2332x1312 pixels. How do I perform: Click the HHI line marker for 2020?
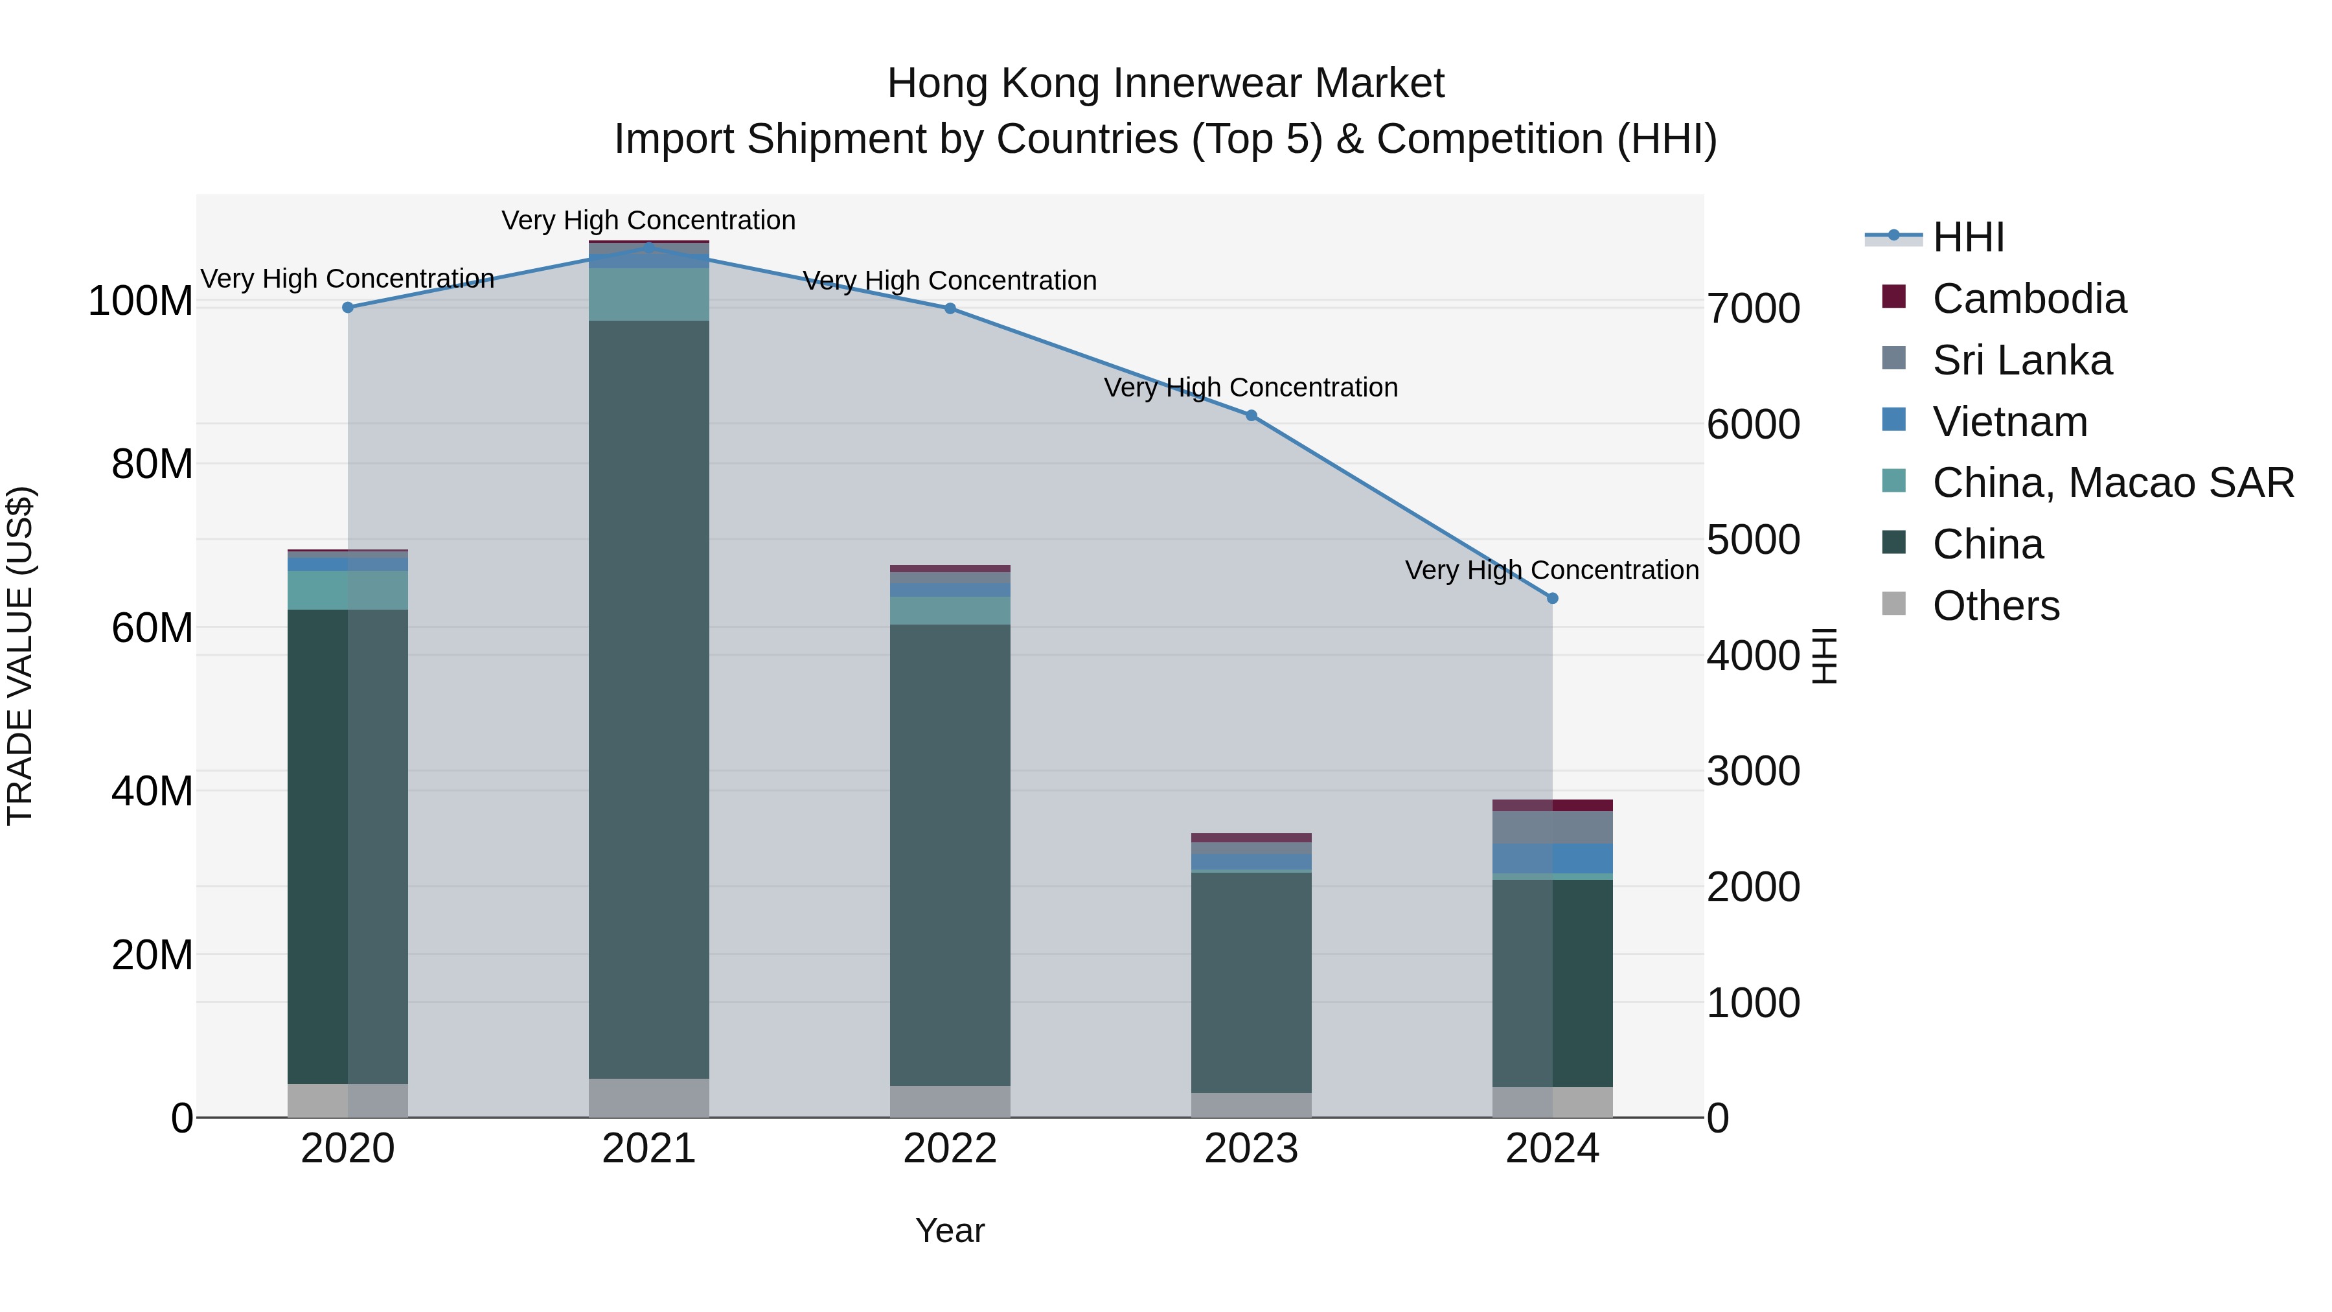click(348, 308)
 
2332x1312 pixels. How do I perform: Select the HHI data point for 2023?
click(1251, 415)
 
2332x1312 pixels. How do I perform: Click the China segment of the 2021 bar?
click(649, 697)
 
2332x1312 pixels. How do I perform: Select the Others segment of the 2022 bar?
click(950, 1101)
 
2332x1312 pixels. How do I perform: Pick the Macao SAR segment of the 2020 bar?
click(348, 590)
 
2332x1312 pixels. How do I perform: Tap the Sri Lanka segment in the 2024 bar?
click(1553, 827)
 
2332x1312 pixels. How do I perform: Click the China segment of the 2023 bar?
click(1251, 982)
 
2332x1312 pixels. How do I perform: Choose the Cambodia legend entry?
click(2029, 299)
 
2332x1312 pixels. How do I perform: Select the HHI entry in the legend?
click(1968, 237)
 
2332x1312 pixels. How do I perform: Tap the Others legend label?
click(1996, 606)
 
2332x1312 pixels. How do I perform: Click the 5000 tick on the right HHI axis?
click(1754, 540)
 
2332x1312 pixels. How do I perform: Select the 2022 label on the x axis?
click(950, 1149)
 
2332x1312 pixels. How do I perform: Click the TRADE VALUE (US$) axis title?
click(20, 656)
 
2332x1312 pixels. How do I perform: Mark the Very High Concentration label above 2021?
click(648, 221)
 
